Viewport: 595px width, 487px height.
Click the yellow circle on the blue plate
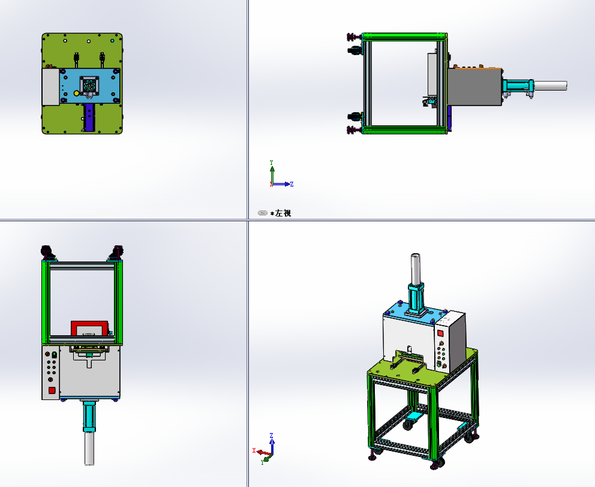pos(76,94)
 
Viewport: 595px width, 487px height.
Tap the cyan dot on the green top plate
pos(112,41)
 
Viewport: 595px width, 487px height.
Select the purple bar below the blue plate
pos(89,118)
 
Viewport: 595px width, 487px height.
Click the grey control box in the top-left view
pos(50,86)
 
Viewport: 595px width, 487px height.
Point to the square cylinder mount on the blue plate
pos(89,86)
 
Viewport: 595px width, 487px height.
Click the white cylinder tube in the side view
pos(550,86)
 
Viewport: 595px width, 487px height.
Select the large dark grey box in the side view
pos(474,87)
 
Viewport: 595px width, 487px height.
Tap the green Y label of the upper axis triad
pos(272,163)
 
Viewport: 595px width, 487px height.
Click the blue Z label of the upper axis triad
pos(292,185)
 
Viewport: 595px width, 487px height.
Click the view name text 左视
pos(283,214)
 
